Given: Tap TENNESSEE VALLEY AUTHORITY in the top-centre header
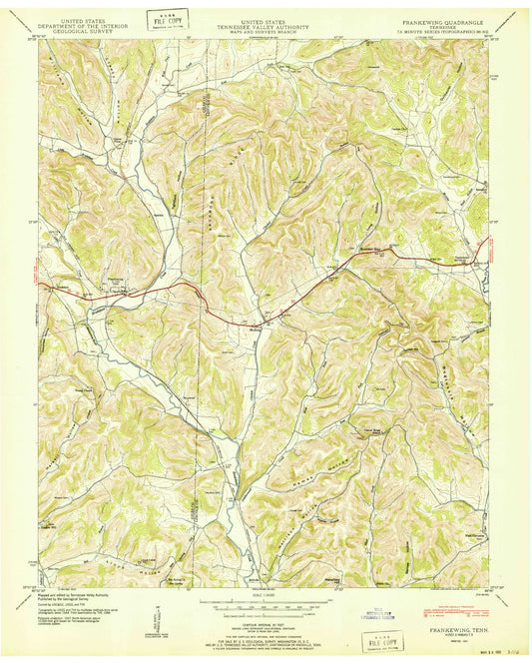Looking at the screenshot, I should (x=266, y=22).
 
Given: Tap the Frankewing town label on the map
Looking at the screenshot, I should (x=119, y=293).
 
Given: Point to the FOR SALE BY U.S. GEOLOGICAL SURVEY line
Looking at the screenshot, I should (x=266, y=628).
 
